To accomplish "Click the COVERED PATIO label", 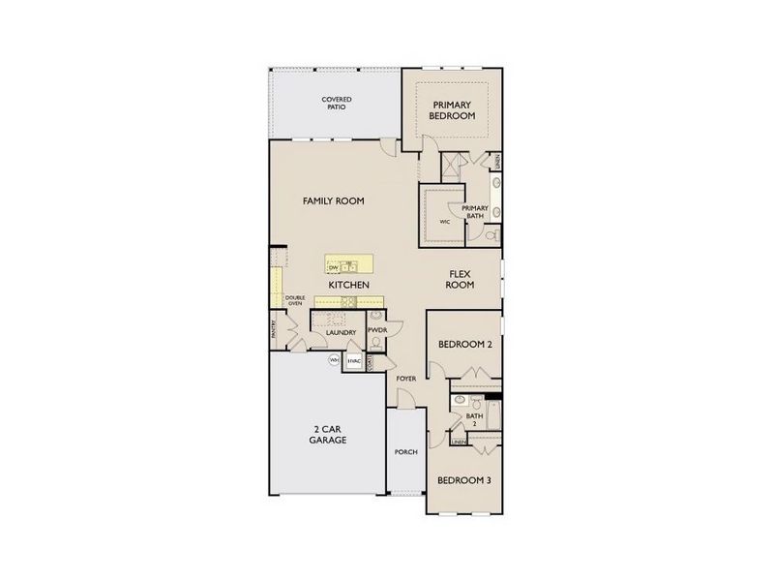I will click(337, 103).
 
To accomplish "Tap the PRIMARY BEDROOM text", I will click(454, 109).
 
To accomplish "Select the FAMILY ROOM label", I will click(333, 200).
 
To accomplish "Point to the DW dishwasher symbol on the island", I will click(333, 266).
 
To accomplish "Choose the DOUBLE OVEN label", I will click(294, 300).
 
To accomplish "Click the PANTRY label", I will click(274, 330).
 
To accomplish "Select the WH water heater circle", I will click(335, 360).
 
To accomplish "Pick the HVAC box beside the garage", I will click(354, 361).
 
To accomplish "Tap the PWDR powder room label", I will click(376, 331).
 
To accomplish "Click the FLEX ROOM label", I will click(460, 280).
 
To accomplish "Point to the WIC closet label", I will click(444, 222).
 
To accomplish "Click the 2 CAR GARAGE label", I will click(328, 434).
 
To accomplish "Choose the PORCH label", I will click(405, 452).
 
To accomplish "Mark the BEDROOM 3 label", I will click(462, 480).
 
